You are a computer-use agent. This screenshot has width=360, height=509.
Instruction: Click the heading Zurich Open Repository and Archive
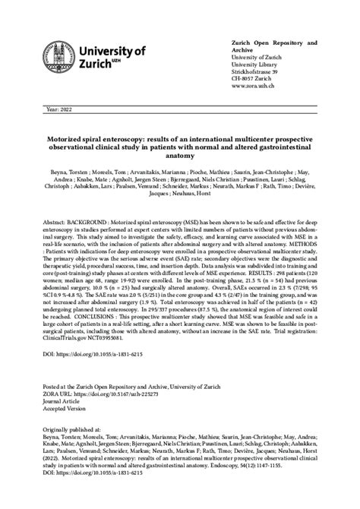click(274, 45)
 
